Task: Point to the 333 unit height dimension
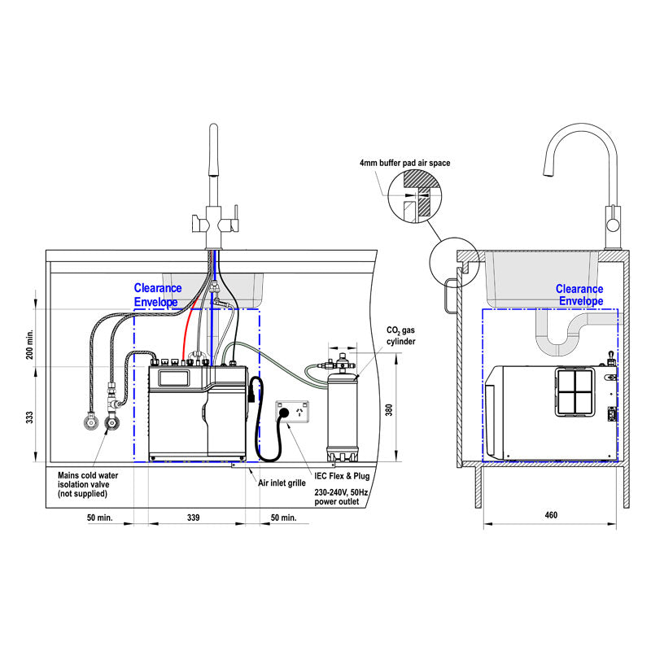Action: click(29, 417)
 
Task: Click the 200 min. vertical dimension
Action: click(29, 344)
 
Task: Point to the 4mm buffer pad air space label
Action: click(404, 163)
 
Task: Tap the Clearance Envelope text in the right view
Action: click(579, 295)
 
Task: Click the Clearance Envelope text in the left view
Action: click(158, 295)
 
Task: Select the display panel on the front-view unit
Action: click(173, 377)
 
